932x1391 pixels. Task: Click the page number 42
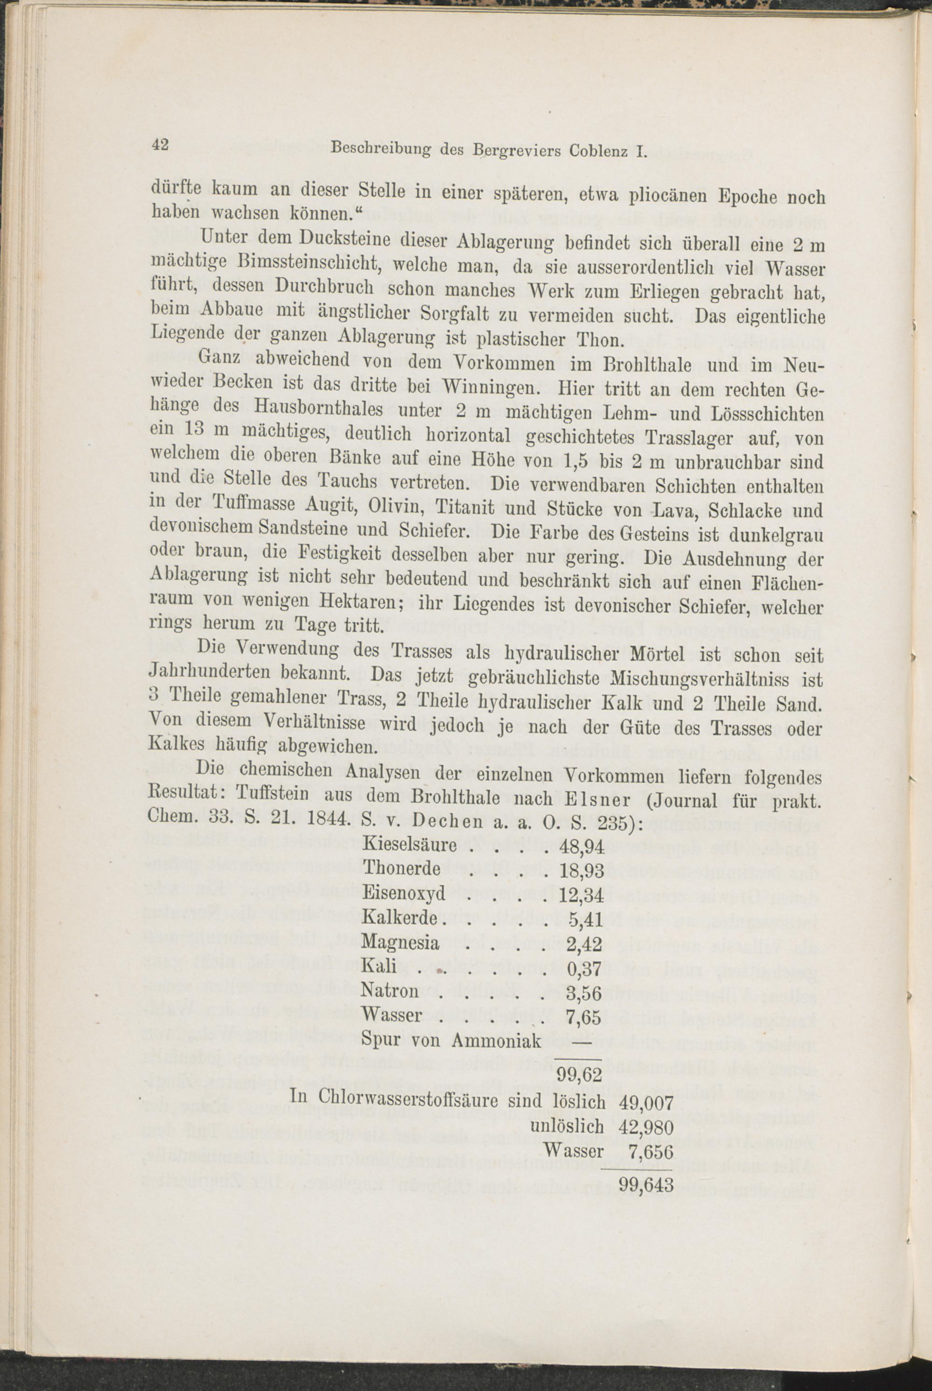[x=160, y=144]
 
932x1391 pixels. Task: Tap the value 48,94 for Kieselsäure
[x=581, y=846]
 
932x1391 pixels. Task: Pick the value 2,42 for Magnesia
[x=585, y=944]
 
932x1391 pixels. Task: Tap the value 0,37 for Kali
[x=585, y=969]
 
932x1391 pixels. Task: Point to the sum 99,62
[x=579, y=1074]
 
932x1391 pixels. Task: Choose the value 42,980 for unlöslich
[x=645, y=1128]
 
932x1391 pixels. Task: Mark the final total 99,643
[x=646, y=1186]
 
